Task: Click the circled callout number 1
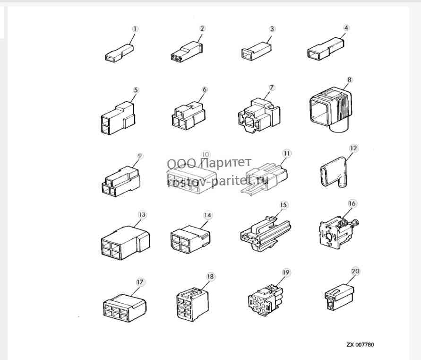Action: (135, 29)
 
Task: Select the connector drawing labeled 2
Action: (187, 51)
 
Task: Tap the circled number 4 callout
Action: (346, 28)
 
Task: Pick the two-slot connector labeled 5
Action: (118, 118)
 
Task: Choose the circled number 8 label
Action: (349, 80)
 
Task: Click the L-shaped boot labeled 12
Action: (334, 172)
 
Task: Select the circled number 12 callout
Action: (353, 149)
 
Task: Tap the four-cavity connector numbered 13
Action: (125, 243)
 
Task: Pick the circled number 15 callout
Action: (284, 205)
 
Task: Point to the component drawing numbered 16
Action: (339, 233)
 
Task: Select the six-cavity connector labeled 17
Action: (125, 308)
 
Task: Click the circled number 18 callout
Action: (210, 277)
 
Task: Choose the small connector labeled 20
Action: (339, 297)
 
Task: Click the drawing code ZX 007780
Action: (360, 345)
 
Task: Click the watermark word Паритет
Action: (226, 162)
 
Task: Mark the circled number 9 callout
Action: (139, 156)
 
